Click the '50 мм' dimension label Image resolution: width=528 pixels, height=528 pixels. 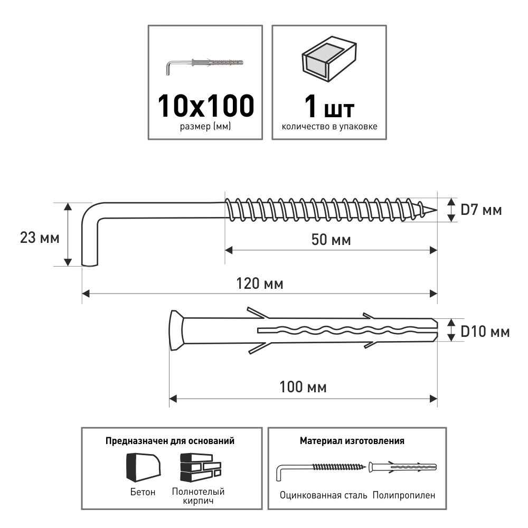point(331,240)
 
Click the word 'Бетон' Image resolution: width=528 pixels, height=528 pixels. point(143,492)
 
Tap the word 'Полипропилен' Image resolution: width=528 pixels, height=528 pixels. point(404,495)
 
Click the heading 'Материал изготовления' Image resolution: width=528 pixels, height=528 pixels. point(352,440)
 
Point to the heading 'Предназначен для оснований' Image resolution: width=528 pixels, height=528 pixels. point(170,440)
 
